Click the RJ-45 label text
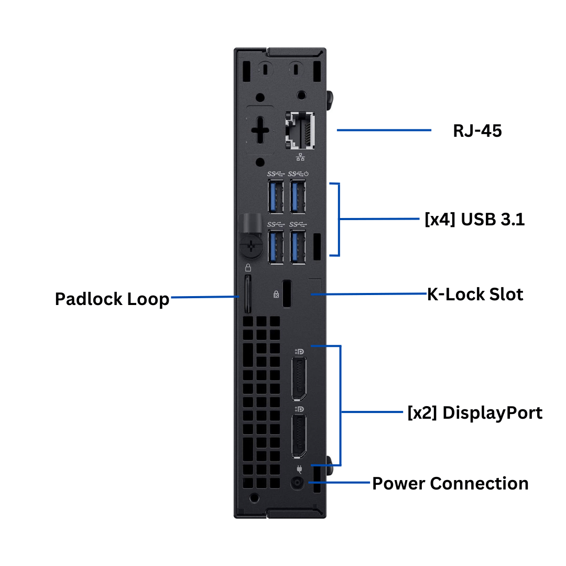click(477, 130)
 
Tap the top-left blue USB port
click(276, 197)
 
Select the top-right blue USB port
click(298, 197)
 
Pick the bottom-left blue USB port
click(276, 247)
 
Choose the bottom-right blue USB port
click(298, 247)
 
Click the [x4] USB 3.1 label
click(474, 220)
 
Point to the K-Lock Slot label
click(475, 295)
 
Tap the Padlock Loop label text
click(112, 299)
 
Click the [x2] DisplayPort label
click(474, 413)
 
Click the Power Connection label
click(450, 483)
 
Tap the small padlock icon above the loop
click(248, 267)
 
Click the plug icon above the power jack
click(299, 469)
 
